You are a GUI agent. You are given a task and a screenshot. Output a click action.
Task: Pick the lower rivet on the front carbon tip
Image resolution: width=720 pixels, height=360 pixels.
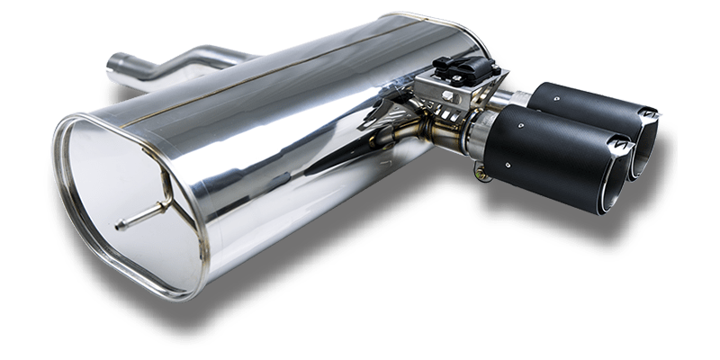point(508,165)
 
